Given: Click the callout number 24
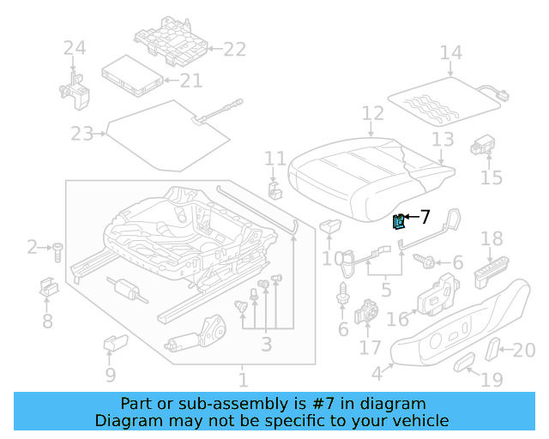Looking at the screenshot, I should pos(75,49).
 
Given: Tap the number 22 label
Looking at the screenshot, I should pos(234,49).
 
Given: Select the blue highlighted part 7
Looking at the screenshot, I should pos(399,222).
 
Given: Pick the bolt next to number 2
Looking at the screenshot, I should pos(57,250).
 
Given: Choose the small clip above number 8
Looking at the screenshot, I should pos(47,287).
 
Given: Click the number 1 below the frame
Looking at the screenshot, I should pos(243,378).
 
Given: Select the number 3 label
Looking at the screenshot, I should pos(267,345).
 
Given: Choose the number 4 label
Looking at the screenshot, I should pos(377,374).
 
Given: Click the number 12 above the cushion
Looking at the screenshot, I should pos(372,113).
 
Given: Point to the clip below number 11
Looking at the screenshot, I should pos(274,189).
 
